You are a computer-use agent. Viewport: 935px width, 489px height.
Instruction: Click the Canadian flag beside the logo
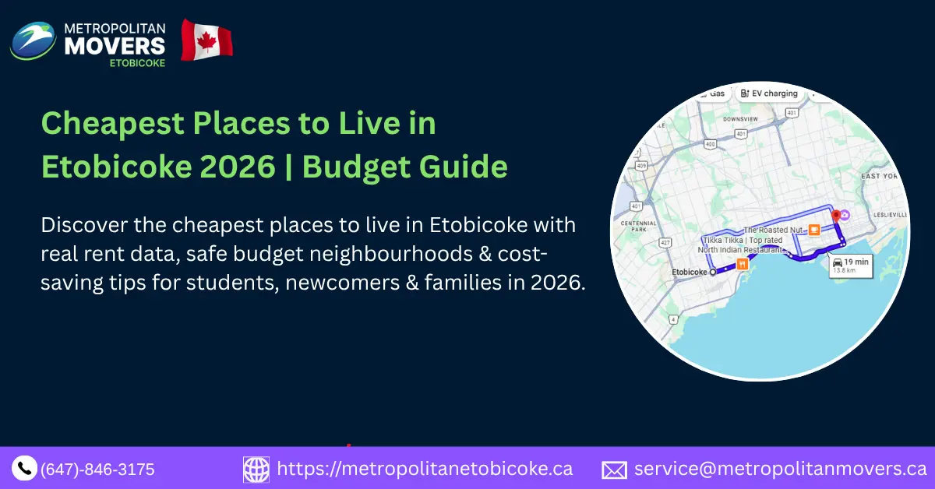[x=206, y=40]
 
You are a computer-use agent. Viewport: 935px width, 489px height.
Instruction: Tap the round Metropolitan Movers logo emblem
[x=33, y=40]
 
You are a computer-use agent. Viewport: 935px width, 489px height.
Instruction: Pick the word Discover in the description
[x=79, y=226]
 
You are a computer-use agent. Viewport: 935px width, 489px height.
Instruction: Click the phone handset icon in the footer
[x=24, y=468]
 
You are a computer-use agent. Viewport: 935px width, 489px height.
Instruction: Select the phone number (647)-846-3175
[x=97, y=470]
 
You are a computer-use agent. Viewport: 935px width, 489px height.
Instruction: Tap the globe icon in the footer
[x=256, y=469]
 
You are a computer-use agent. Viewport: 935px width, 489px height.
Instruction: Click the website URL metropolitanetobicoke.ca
[x=425, y=469]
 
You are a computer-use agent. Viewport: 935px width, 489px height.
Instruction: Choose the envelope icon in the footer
[x=614, y=470]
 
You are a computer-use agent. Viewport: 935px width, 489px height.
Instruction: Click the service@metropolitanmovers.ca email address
[x=780, y=469]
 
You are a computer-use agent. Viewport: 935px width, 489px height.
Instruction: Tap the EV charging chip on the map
[x=769, y=93]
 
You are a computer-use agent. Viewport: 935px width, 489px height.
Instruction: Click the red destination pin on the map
[x=835, y=215]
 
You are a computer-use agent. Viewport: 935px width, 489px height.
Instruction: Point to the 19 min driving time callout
[x=850, y=265]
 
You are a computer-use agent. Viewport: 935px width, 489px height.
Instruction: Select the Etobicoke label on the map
[x=689, y=273]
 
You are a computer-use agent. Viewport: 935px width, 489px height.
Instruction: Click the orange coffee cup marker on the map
[x=814, y=230]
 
